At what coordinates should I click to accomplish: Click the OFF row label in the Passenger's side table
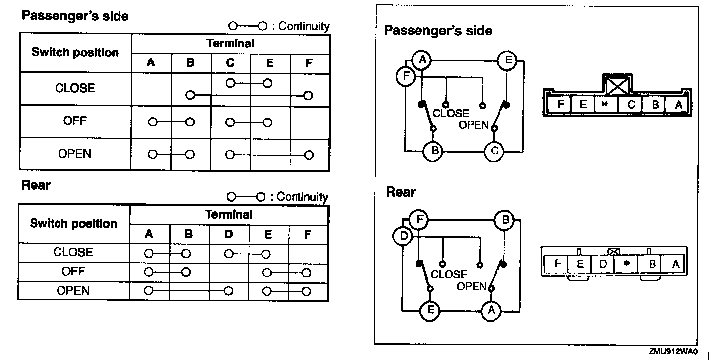[75, 121]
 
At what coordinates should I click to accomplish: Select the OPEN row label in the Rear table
[73, 290]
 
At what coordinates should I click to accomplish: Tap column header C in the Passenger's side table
[230, 63]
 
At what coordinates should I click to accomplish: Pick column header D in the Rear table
[228, 234]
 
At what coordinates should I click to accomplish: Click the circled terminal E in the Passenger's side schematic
[508, 61]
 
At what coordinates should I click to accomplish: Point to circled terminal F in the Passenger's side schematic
[406, 77]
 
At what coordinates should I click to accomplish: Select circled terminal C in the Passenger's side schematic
[494, 151]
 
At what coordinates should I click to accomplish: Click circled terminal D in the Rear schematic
[403, 236]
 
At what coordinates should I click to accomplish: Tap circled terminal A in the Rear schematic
[491, 311]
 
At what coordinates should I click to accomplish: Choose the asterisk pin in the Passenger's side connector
[604, 104]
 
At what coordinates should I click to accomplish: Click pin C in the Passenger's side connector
[631, 104]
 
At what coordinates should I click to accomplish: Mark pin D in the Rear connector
[603, 264]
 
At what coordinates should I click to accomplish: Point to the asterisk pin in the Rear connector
[627, 264]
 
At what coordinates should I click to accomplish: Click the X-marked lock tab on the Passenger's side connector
[617, 85]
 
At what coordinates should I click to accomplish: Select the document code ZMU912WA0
[672, 351]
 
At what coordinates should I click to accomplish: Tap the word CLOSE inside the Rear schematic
[449, 274]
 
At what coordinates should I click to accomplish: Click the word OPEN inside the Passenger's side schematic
[474, 125]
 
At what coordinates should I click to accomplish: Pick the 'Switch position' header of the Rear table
[73, 223]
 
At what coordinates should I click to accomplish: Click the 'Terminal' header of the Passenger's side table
[230, 43]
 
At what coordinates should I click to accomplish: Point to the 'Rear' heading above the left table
[36, 185]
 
